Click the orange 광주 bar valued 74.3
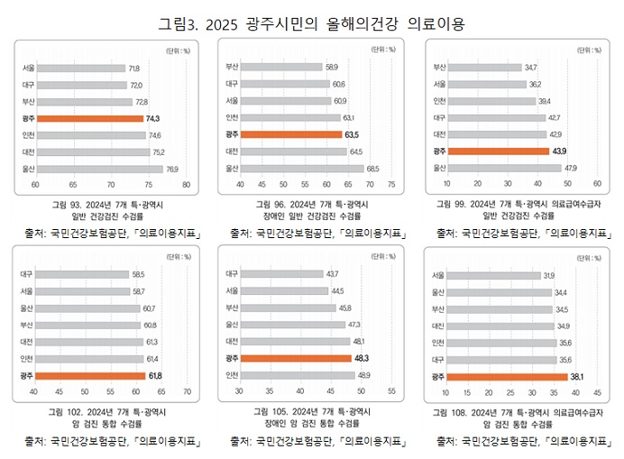[88, 118]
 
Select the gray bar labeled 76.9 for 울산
[98, 169]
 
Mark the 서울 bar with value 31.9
[491, 275]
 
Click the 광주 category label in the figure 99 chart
[440, 151]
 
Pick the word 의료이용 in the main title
[434, 23]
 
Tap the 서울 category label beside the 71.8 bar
[29, 68]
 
